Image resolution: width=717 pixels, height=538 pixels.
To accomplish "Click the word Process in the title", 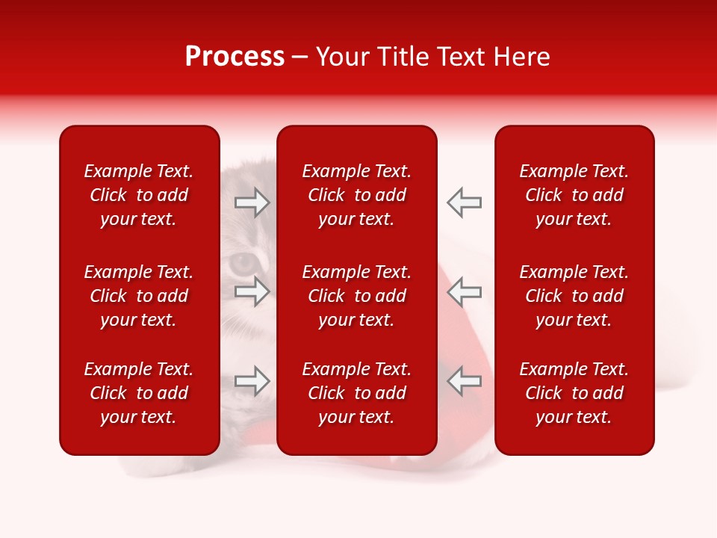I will tap(235, 57).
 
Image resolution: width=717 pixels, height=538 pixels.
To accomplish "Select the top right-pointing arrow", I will tap(252, 202).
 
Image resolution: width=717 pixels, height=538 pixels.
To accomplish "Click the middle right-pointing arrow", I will tap(252, 291).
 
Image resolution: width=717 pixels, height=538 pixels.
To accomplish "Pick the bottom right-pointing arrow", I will tap(252, 381).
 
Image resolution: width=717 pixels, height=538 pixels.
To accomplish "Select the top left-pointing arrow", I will tap(464, 202).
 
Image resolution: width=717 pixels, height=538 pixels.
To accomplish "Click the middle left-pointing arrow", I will tap(464, 291).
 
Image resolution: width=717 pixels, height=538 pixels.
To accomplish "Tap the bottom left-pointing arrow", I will tap(464, 381).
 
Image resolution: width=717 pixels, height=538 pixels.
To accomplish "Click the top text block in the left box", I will tap(139, 195).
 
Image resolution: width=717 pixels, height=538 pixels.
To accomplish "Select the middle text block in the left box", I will tap(139, 296).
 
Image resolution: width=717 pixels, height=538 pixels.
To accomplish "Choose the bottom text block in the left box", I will tap(139, 393).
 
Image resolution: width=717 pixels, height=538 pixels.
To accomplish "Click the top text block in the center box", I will tap(356, 195).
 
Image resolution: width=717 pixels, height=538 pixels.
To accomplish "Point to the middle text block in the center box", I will tap(356, 296).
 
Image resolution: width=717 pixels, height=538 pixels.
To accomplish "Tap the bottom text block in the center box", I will tap(356, 393).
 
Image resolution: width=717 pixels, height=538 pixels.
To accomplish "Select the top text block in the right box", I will tap(574, 195).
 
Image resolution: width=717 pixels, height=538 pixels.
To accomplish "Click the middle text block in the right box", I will tap(574, 296).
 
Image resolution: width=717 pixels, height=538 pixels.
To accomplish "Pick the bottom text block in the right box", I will tap(574, 393).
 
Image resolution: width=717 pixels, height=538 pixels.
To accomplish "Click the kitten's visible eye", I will tap(240, 263).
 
